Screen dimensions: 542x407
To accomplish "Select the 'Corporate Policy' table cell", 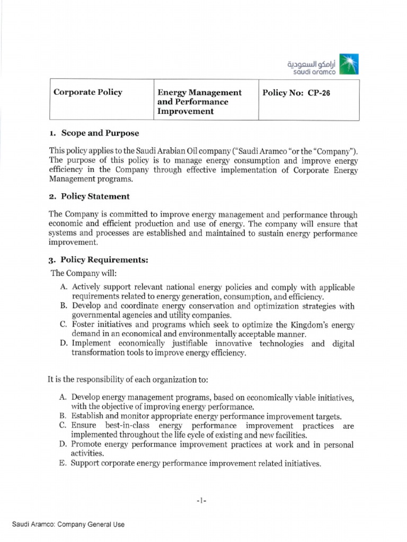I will coord(88,92).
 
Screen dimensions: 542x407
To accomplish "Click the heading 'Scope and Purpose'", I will coord(100,133).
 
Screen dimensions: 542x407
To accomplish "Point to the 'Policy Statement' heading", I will coord(95,196).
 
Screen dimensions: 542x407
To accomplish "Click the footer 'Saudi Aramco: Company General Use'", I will coord(68,525).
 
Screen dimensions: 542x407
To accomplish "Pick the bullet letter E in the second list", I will coord(63,464).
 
